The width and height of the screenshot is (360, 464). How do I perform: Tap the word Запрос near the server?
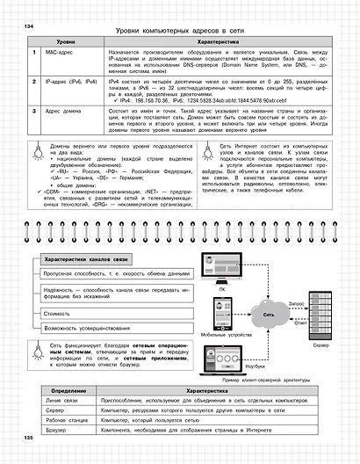[297, 300]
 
